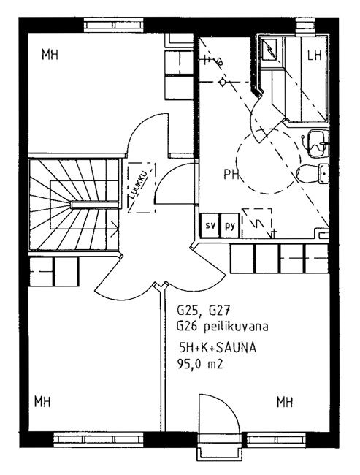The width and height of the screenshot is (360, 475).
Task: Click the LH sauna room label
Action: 314,55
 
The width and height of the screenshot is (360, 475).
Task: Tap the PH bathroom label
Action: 231,174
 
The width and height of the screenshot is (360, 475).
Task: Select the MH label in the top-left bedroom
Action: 50,55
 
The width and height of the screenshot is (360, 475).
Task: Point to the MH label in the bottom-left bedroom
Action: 42,402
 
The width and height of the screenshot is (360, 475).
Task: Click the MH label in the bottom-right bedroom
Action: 285,402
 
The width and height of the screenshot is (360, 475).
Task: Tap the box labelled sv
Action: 210,225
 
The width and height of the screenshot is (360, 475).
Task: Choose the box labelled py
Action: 230,225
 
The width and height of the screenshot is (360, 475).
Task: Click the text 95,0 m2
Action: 200,364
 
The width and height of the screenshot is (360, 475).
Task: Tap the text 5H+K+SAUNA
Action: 218,348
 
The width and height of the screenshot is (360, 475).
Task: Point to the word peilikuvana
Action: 236,327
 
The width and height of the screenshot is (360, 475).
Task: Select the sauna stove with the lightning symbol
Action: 269,50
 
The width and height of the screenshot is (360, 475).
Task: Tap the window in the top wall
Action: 114,25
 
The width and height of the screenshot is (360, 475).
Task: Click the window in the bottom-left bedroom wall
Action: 98,439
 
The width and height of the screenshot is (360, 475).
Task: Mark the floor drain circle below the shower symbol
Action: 222,82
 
